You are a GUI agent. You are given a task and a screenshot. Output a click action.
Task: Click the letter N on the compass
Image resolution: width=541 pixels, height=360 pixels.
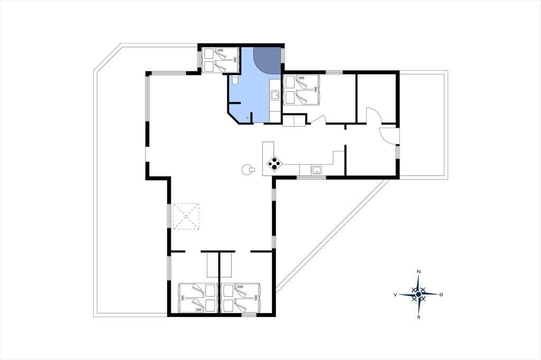418,272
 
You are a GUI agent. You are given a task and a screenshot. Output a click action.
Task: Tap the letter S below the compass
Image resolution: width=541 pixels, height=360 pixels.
418,317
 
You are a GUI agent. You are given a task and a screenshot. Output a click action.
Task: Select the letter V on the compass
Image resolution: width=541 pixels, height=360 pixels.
395,295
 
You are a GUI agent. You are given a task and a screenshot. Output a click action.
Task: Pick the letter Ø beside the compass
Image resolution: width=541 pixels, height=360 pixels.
441,295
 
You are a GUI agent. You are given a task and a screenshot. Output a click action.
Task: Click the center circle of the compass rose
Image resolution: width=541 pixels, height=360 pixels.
418,295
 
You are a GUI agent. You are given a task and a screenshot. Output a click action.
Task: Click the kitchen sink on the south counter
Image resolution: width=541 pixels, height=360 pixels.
316,169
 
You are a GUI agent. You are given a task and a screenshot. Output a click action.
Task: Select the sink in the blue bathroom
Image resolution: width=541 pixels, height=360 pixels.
275,95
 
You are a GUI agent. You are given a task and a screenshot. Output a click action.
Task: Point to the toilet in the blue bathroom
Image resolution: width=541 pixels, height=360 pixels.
235,81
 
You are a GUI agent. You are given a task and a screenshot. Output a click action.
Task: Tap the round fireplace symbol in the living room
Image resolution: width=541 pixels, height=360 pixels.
248,169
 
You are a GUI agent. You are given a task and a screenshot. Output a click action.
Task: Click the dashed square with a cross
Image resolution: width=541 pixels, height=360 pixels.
186,216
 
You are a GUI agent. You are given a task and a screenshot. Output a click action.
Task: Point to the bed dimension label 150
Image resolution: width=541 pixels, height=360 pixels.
315,89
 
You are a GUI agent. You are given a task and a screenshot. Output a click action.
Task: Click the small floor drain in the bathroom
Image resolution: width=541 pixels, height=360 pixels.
247,118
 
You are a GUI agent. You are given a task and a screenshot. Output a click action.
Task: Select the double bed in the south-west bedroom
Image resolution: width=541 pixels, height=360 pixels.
198,298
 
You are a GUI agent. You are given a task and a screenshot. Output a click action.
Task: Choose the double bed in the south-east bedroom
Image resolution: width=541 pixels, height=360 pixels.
241,298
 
